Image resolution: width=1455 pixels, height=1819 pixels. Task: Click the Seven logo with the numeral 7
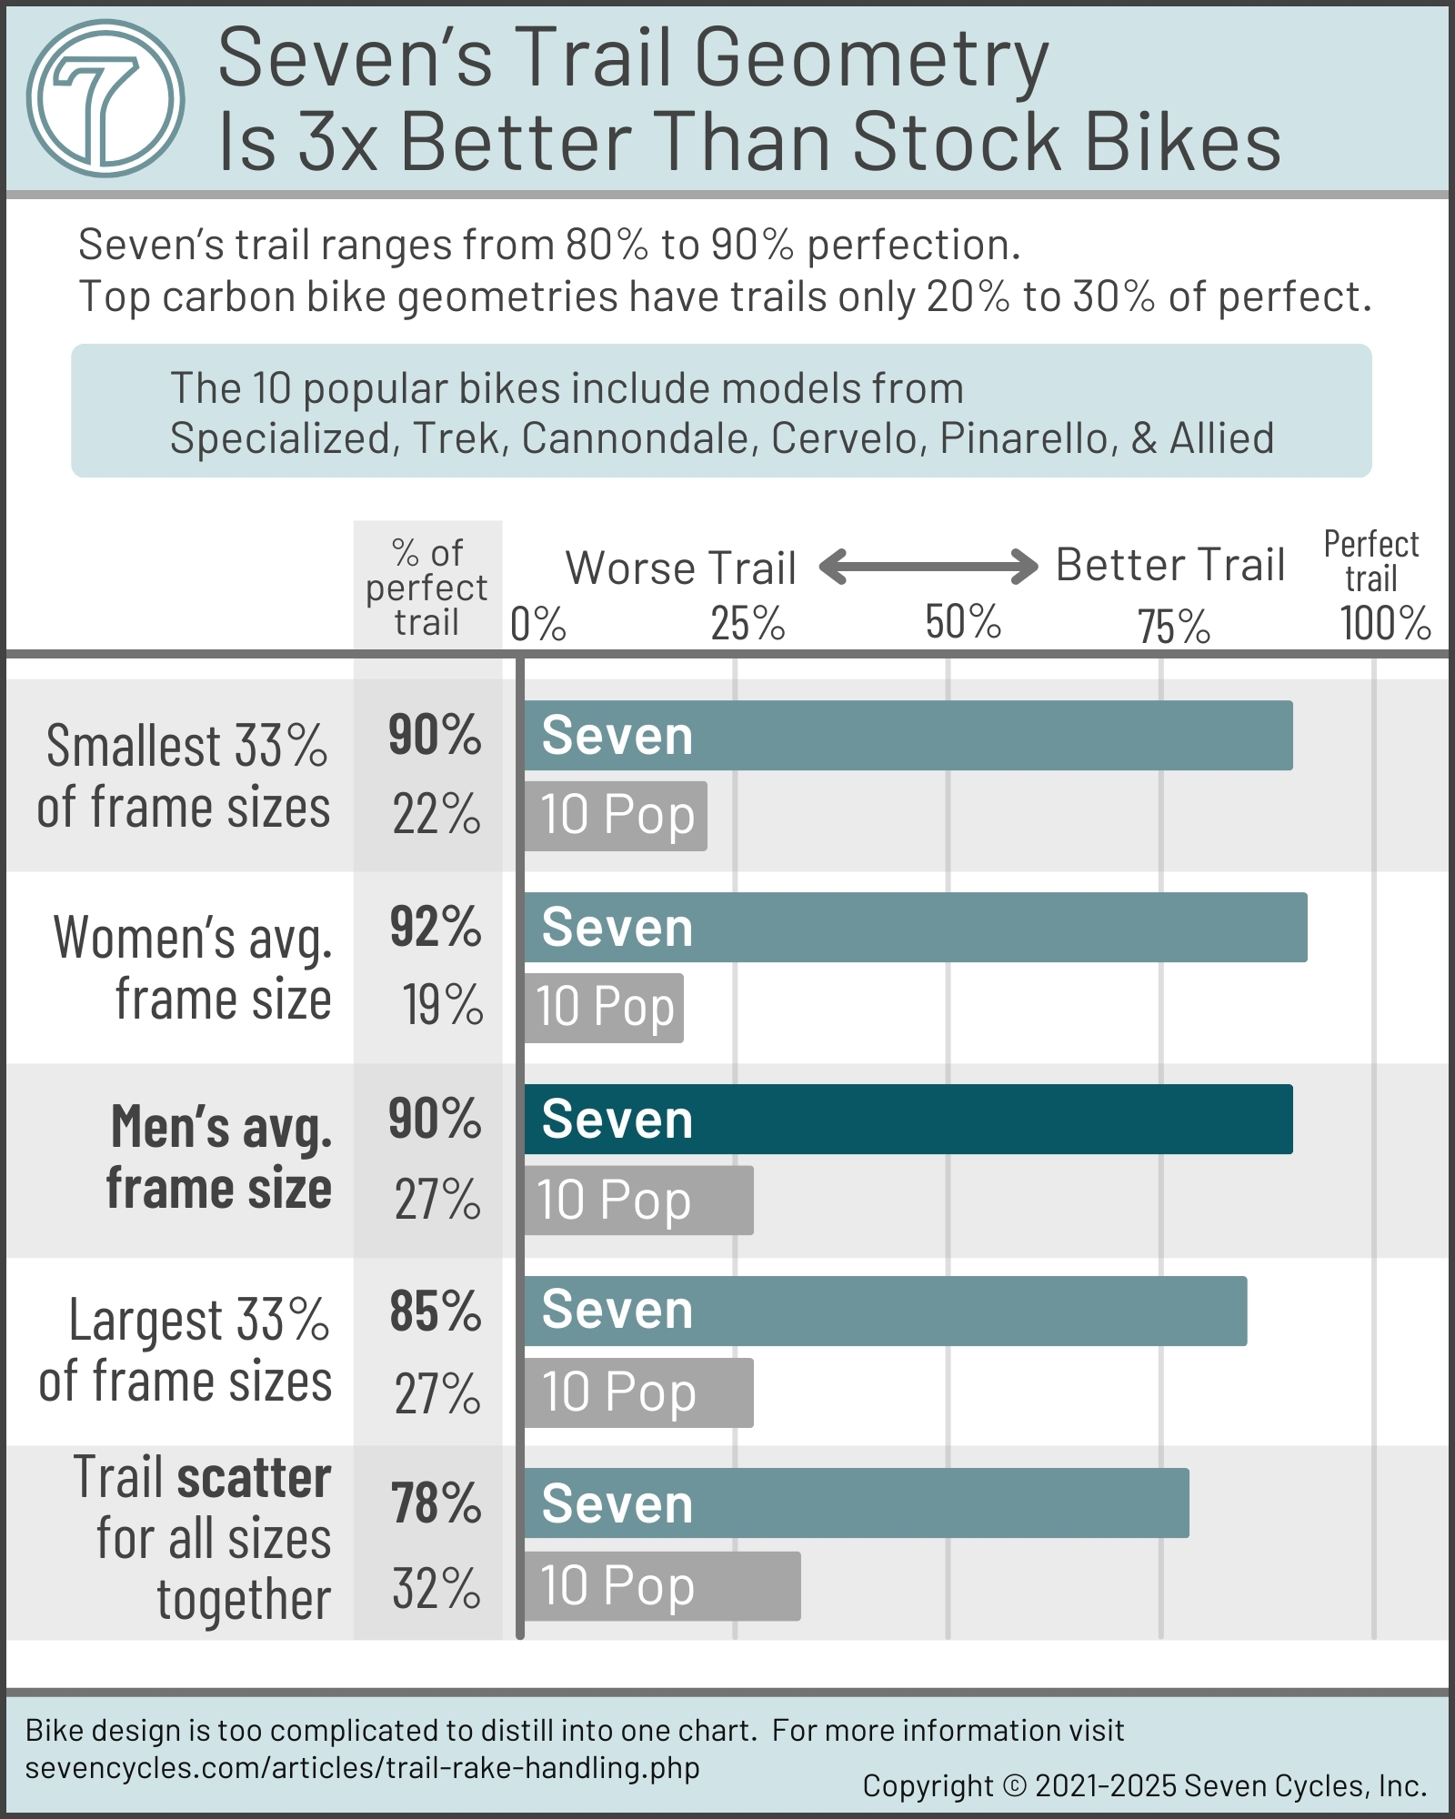click(105, 98)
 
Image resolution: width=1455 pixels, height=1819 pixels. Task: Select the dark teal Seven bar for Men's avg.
click(908, 1119)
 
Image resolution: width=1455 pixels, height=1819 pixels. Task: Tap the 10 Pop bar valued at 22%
click(616, 816)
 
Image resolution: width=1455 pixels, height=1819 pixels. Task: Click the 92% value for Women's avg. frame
click(435, 927)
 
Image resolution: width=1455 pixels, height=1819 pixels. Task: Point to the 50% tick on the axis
click(962, 623)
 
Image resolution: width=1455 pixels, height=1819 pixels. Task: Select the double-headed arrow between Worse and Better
click(928, 566)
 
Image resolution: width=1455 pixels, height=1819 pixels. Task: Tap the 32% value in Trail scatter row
click(436, 1588)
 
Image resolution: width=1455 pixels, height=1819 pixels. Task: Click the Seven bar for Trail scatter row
click(856, 1502)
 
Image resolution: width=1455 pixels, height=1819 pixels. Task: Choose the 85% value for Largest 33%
click(435, 1311)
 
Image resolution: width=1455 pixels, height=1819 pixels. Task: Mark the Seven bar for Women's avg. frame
click(915, 927)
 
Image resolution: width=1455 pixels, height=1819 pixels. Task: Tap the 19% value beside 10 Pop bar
click(442, 1005)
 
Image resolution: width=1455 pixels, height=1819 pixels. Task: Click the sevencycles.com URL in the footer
click(362, 1767)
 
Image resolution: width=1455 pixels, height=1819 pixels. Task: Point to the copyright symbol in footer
click(1014, 1785)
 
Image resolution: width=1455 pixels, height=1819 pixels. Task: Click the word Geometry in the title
click(871, 59)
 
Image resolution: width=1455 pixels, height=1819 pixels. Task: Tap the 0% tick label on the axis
click(537, 624)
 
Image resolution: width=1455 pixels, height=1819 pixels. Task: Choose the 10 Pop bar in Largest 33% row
click(638, 1392)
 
